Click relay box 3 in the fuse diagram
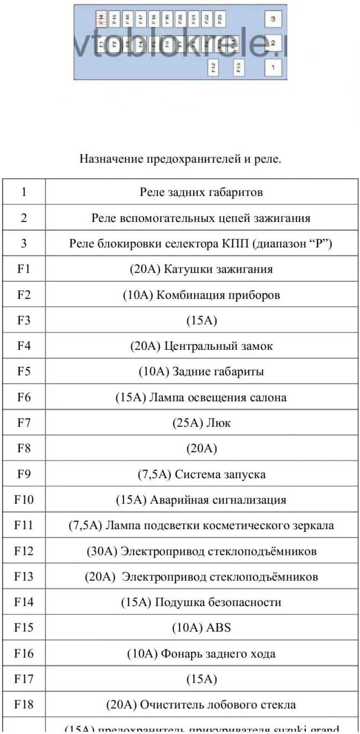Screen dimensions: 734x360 click(272, 19)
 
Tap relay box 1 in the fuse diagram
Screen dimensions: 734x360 click(272, 68)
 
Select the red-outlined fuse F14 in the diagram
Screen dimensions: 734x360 click(101, 19)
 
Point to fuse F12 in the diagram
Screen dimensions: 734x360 click(213, 68)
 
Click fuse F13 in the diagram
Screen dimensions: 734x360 click(239, 68)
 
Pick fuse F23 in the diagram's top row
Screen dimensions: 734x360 click(220, 19)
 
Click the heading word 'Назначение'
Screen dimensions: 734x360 click(111, 159)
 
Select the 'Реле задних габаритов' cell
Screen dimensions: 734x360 click(201, 192)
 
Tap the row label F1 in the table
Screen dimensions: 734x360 click(24, 269)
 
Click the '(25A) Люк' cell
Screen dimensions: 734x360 click(201, 423)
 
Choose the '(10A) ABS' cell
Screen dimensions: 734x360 click(201, 628)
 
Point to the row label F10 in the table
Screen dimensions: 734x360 click(24, 500)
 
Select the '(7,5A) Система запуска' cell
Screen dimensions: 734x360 click(201, 474)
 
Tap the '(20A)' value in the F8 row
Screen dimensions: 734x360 click(201, 448)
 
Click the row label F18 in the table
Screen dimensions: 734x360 click(24, 705)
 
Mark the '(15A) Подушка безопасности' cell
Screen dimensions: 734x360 click(201, 602)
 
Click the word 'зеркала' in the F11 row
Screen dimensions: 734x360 click(313, 525)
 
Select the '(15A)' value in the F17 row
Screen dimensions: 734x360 click(201, 679)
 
